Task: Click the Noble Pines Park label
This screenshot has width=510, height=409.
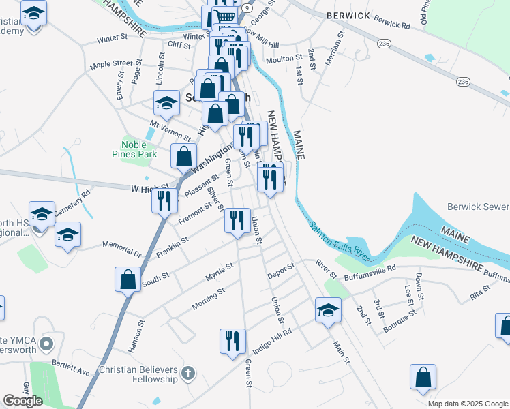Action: pyautogui.click(x=138, y=149)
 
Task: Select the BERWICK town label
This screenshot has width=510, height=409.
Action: pyautogui.click(x=348, y=14)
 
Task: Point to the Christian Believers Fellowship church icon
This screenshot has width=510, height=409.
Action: pyautogui.click(x=189, y=373)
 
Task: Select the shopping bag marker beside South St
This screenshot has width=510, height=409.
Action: pyautogui.click(x=127, y=278)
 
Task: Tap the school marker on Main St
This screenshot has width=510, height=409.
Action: pyautogui.click(x=328, y=310)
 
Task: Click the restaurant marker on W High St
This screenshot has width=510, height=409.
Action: pyautogui.click(x=164, y=200)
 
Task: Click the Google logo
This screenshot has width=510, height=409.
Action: pyautogui.click(x=22, y=401)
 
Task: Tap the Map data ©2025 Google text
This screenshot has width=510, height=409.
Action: pyautogui.click(x=467, y=404)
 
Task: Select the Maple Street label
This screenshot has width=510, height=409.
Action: pyautogui.click(x=111, y=65)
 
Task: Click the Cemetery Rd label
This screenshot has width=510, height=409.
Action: pyautogui.click(x=72, y=202)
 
